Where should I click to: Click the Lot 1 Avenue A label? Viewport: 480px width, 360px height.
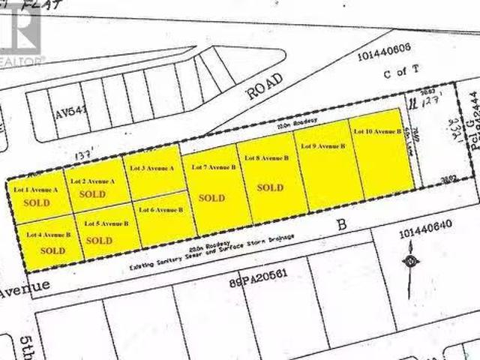(x=37, y=190)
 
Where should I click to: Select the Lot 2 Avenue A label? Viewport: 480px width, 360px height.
(x=93, y=181)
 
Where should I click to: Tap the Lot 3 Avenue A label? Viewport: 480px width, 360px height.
(x=151, y=169)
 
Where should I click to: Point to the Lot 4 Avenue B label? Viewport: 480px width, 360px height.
(x=48, y=235)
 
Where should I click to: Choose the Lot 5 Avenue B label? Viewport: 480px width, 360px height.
(x=106, y=224)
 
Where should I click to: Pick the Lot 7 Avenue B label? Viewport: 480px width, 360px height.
(x=214, y=166)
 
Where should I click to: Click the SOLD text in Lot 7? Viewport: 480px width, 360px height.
(x=211, y=198)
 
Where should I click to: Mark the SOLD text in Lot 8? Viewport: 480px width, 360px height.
(x=270, y=187)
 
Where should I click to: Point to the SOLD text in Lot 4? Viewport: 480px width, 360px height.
(x=52, y=251)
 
